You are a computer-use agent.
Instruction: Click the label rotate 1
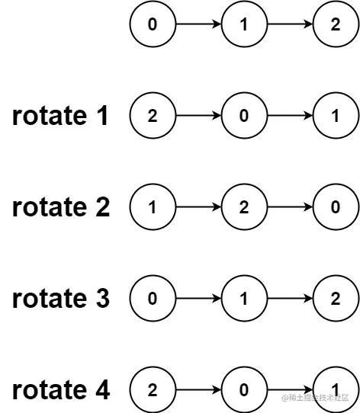[60, 116]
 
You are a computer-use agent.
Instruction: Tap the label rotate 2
[60, 207]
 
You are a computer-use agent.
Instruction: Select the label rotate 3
[60, 299]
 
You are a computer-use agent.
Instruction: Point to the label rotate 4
[60, 390]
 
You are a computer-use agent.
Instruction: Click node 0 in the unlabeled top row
[153, 24]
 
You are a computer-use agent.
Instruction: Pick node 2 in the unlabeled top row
[336, 24]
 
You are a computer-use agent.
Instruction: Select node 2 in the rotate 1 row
[153, 116]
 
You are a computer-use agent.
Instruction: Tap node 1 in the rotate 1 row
[336, 116]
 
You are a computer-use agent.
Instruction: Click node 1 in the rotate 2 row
[153, 207]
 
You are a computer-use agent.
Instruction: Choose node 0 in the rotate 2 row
[336, 207]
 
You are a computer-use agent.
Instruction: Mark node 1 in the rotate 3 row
[244, 299]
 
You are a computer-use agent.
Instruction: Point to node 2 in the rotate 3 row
[336, 299]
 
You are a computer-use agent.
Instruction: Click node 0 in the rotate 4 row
[244, 390]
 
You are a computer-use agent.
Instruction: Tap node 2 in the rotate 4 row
[153, 390]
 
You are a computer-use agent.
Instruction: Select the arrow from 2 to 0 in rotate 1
[198, 116]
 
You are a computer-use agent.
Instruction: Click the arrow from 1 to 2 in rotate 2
[198, 207]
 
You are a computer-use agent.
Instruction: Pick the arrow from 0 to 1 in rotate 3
[198, 299]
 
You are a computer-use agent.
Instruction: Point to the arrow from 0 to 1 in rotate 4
[290, 390]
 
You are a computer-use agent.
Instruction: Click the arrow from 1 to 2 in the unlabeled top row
[290, 24]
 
